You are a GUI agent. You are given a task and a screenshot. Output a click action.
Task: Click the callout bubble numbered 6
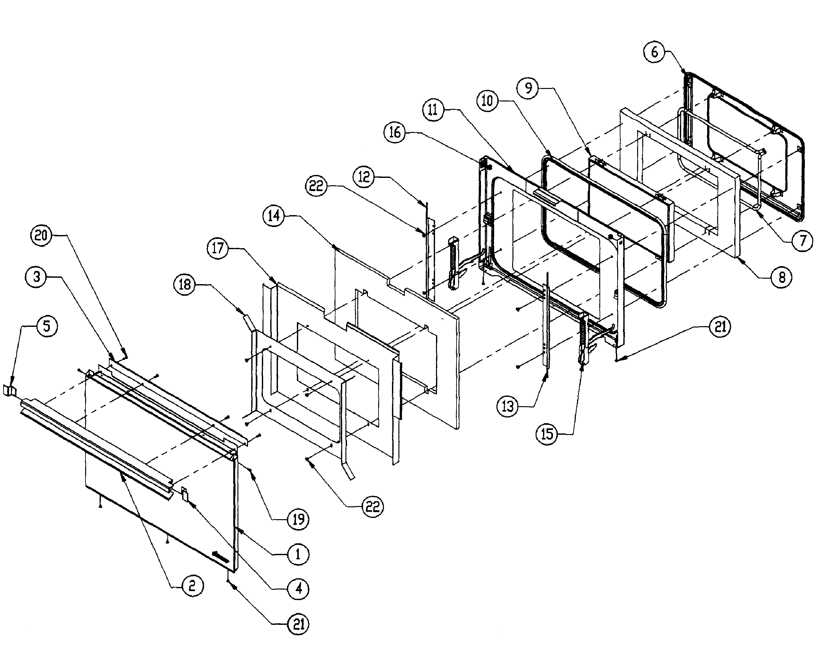pyautogui.click(x=654, y=52)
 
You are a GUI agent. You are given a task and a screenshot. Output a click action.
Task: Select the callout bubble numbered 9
pyautogui.click(x=528, y=88)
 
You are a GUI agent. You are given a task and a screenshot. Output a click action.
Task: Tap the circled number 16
pyautogui.click(x=395, y=132)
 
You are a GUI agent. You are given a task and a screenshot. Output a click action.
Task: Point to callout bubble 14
pyautogui.click(x=274, y=216)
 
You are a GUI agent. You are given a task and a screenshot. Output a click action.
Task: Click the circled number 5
pyautogui.click(x=47, y=326)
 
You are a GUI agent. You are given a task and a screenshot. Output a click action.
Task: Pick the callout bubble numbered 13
pyautogui.click(x=508, y=406)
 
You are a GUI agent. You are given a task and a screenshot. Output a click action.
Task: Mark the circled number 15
pyautogui.click(x=547, y=434)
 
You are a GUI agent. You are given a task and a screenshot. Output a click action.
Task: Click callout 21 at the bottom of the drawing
pyautogui.click(x=298, y=624)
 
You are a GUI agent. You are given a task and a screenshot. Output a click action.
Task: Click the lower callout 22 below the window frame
pyautogui.click(x=372, y=507)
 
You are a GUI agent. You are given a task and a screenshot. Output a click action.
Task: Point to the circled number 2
pyautogui.click(x=192, y=586)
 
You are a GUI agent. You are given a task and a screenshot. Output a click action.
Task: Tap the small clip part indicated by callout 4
pyautogui.click(x=185, y=494)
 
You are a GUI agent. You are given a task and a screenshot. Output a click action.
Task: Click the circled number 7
pyautogui.click(x=802, y=240)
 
